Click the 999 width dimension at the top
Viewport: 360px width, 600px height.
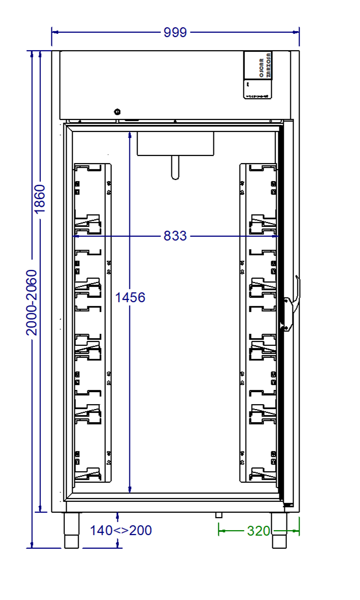175,32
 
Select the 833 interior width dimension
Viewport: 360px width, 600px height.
175,236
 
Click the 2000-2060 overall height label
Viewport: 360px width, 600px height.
32,302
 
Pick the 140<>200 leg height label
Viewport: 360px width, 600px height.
121,530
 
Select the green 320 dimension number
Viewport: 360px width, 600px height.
259,530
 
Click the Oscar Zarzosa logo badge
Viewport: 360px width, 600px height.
257,75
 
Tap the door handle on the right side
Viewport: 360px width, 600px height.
293,303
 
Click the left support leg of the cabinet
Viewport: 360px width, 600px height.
71,530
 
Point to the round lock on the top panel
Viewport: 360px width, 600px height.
117,111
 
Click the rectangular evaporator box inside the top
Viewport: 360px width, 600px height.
175,143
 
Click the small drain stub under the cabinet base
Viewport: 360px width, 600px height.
219,515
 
